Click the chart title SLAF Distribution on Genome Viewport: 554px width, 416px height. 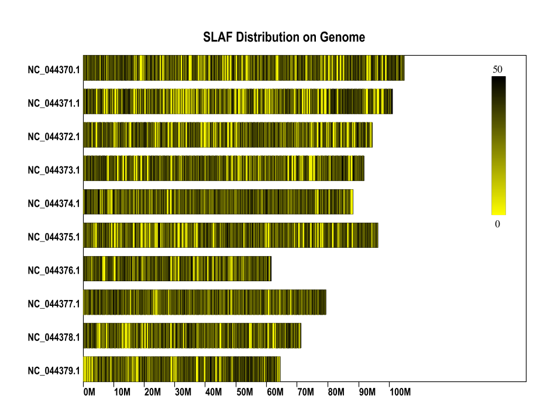pos(284,37)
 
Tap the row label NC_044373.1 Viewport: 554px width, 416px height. pos(53,170)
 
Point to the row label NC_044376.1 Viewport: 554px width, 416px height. pos(53,270)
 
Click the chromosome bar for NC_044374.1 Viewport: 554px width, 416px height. pos(218,202)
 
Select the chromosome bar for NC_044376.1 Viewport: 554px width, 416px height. pos(177,268)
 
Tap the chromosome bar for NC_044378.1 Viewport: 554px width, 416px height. pos(192,335)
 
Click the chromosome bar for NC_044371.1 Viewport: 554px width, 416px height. pos(238,101)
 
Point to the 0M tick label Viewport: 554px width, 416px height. pos(89,391)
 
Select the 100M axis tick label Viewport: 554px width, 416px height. pos(400,391)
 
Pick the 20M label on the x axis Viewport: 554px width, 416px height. pos(152,391)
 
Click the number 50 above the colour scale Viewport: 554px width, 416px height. pos(498,69)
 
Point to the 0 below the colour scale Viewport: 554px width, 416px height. pos(498,224)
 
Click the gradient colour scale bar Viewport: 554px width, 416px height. pos(498,145)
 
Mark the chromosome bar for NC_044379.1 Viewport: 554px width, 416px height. pos(181,369)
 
